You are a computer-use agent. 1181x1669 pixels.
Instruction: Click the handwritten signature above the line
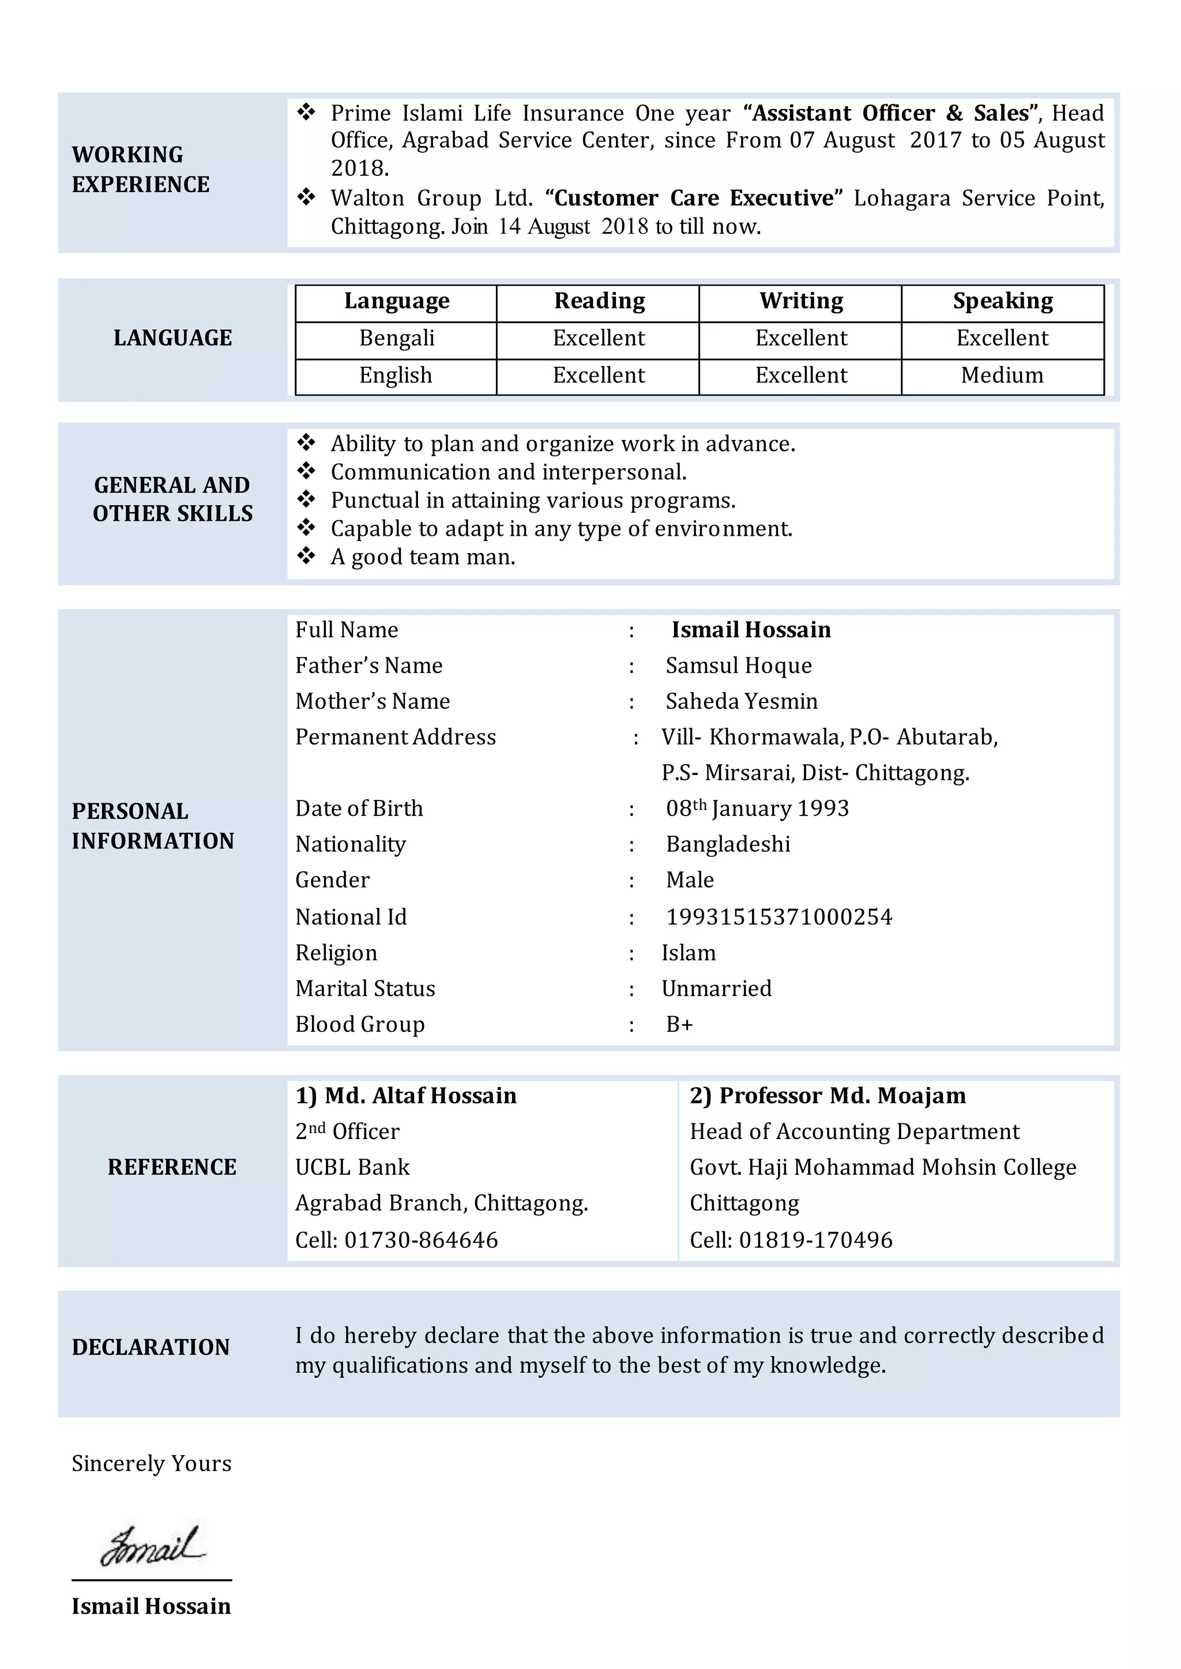(153, 1546)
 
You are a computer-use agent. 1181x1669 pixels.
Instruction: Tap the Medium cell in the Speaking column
(1002, 375)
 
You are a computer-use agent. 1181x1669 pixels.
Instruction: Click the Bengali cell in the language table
(396, 338)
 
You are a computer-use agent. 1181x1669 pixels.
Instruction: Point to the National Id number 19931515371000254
(779, 917)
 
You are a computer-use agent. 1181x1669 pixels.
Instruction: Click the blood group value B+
(679, 1025)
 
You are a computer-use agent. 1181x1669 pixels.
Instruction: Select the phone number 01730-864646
(421, 1240)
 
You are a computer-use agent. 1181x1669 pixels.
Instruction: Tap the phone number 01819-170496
(815, 1240)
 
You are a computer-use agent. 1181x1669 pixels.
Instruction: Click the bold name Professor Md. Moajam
(828, 1096)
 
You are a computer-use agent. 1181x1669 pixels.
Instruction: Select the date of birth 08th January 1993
(757, 809)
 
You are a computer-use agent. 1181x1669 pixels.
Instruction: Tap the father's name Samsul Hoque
(738, 666)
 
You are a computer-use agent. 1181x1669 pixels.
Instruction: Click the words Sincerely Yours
(151, 1463)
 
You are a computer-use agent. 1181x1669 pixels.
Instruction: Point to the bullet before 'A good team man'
(306, 557)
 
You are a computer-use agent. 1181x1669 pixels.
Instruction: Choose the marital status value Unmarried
(716, 988)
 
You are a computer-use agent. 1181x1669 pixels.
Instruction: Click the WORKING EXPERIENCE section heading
(140, 170)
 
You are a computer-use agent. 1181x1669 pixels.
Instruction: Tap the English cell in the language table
(396, 375)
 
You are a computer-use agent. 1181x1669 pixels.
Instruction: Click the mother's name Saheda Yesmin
(741, 701)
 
